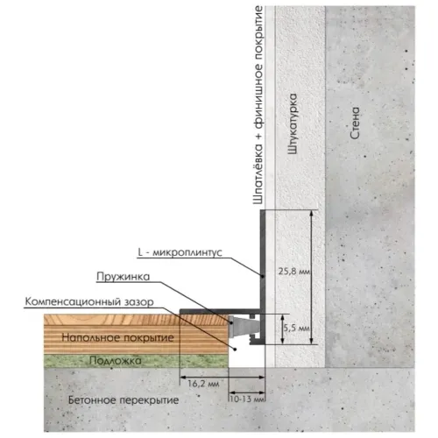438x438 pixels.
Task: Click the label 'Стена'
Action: [355, 123]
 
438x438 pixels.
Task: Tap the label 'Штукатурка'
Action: [293, 124]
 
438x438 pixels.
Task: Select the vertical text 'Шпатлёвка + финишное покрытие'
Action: [258, 105]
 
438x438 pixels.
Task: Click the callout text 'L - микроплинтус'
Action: [180, 252]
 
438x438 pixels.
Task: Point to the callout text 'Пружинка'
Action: [124, 277]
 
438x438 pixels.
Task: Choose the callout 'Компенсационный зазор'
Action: [89, 301]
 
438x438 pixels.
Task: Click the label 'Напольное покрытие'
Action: [117, 338]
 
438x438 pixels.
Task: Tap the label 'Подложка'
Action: [116, 361]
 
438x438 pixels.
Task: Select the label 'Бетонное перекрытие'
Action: [124, 399]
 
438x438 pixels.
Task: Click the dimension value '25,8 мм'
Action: [293, 272]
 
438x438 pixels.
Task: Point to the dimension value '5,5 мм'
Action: [297, 328]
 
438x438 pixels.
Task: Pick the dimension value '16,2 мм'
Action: [203, 384]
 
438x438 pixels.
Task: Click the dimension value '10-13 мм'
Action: [247, 399]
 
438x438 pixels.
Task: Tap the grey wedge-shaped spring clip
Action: [243, 326]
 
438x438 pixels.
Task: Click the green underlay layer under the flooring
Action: [136, 361]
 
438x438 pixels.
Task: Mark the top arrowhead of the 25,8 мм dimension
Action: [312, 213]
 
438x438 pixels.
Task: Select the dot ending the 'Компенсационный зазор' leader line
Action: [235, 349]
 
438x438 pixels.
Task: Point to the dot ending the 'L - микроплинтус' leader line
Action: [263, 276]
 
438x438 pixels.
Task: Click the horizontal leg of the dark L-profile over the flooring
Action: [220, 311]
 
